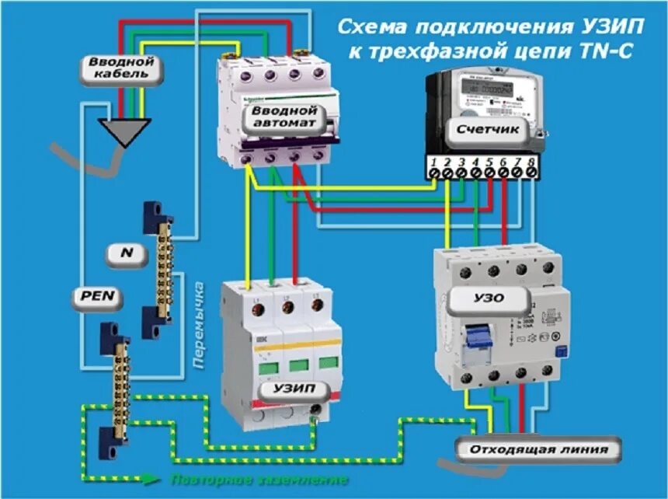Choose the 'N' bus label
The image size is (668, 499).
coord(125,253)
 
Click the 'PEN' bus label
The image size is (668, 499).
coord(97,297)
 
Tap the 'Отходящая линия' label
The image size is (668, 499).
coord(536,449)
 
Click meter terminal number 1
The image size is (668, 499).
coord(436,165)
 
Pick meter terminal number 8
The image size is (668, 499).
coord(531,165)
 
